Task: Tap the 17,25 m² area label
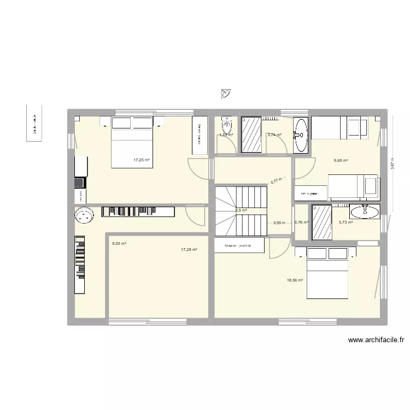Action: [x=142, y=160]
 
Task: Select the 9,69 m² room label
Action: [x=341, y=161]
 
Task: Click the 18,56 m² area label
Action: [x=295, y=280]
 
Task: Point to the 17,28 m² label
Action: [x=189, y=249]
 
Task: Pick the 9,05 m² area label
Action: [x=119, y=244]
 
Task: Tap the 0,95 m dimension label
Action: [x=279, y=222]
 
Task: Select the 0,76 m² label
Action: [x=301, y=222]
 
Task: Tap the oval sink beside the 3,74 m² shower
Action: [x=300, y=134]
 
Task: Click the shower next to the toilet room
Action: [x=252, y=133]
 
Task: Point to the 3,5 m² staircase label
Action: [x=241, y=210]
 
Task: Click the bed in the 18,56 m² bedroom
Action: [x=327, y=272]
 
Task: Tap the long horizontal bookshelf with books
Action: [x=138, y=211]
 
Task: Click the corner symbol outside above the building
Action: [x=227, y=95]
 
